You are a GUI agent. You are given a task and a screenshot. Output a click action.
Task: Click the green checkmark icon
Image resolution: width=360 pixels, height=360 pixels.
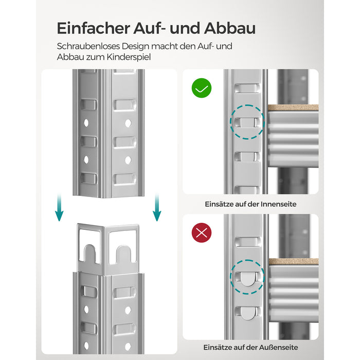click(201, 88)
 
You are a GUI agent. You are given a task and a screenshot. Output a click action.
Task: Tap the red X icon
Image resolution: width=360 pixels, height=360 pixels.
click(201, 232)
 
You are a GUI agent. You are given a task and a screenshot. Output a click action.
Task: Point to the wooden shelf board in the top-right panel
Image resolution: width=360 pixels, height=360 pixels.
click(293, 107)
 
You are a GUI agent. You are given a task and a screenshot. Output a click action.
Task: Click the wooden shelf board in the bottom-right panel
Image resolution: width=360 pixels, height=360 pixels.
click(293, 261)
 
